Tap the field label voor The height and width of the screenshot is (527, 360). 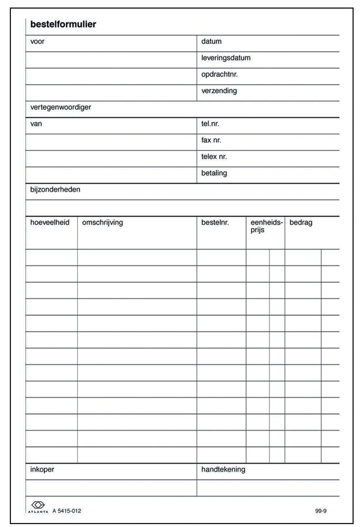pos(37,41)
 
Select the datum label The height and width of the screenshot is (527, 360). pos(211,41)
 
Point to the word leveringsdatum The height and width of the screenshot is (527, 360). pos(226,58)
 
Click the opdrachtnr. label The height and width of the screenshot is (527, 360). pos(219,74)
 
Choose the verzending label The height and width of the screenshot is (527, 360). pos(219,91)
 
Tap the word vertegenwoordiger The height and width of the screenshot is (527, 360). pos(60,107)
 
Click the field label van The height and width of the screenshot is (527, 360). pos(36,124)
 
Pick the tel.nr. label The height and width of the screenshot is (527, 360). pos(210,124)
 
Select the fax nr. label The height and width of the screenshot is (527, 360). pos(211,140)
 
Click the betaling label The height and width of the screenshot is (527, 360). pos(214,173)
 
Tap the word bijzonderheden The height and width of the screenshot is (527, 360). pos(55,189)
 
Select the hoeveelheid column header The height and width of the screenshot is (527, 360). pos(50,223)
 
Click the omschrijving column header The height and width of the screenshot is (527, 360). pos(103,223)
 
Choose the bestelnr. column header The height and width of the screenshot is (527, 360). pos(215,223)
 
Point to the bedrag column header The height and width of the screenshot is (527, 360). pos(301,223)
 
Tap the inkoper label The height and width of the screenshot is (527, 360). pos(42,469)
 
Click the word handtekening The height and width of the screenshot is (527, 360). pos(223,469)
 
